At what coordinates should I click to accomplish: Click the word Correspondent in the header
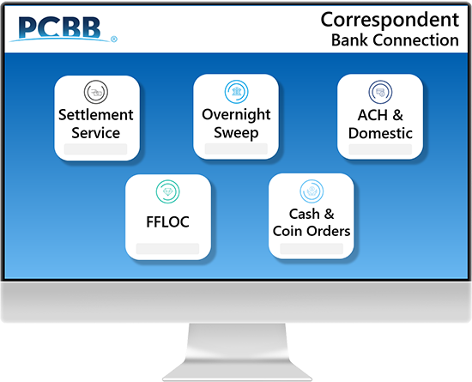pyautogui.click(x=390, y=20)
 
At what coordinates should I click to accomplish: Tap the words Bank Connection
pyautogui.click(x=395, y=40)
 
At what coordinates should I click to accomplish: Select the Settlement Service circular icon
pyautogui.click(x=96, y=92)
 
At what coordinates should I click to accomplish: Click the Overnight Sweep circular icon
pyautogui.click(x=236, y=92)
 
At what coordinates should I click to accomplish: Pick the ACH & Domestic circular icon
pyautogui.click(x=380, y=92)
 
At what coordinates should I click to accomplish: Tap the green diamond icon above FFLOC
pyautogui.click(x=167, y=191)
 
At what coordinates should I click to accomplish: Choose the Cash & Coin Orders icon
pyautogui.click(x=312, y=191)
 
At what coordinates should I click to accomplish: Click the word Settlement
pyautogui.click(x=96, y=115)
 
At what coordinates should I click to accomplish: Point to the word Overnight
pyautogui.click(x=236, y=115)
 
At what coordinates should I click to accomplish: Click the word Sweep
pyautogui.click(x=236, y=133)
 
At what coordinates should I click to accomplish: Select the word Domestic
pyautogui.click(x=380, y=133)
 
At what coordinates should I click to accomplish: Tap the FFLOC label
pyautogui.click(x=167, y=222)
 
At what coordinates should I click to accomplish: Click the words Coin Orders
pyautogui.click(x=312, y=231)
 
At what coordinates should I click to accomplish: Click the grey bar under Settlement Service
pyautogui.click(x=96, y=149)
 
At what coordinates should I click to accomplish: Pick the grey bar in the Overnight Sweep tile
pyautogui.click(x=236, y=149)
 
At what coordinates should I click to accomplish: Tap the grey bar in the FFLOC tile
pyautogui.click(x=167, y=249)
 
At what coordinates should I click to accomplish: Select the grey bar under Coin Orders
pyautogui.click(x=312, y=249)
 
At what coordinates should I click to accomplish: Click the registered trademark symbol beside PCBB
pyautogui.click(x=114, y=39)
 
